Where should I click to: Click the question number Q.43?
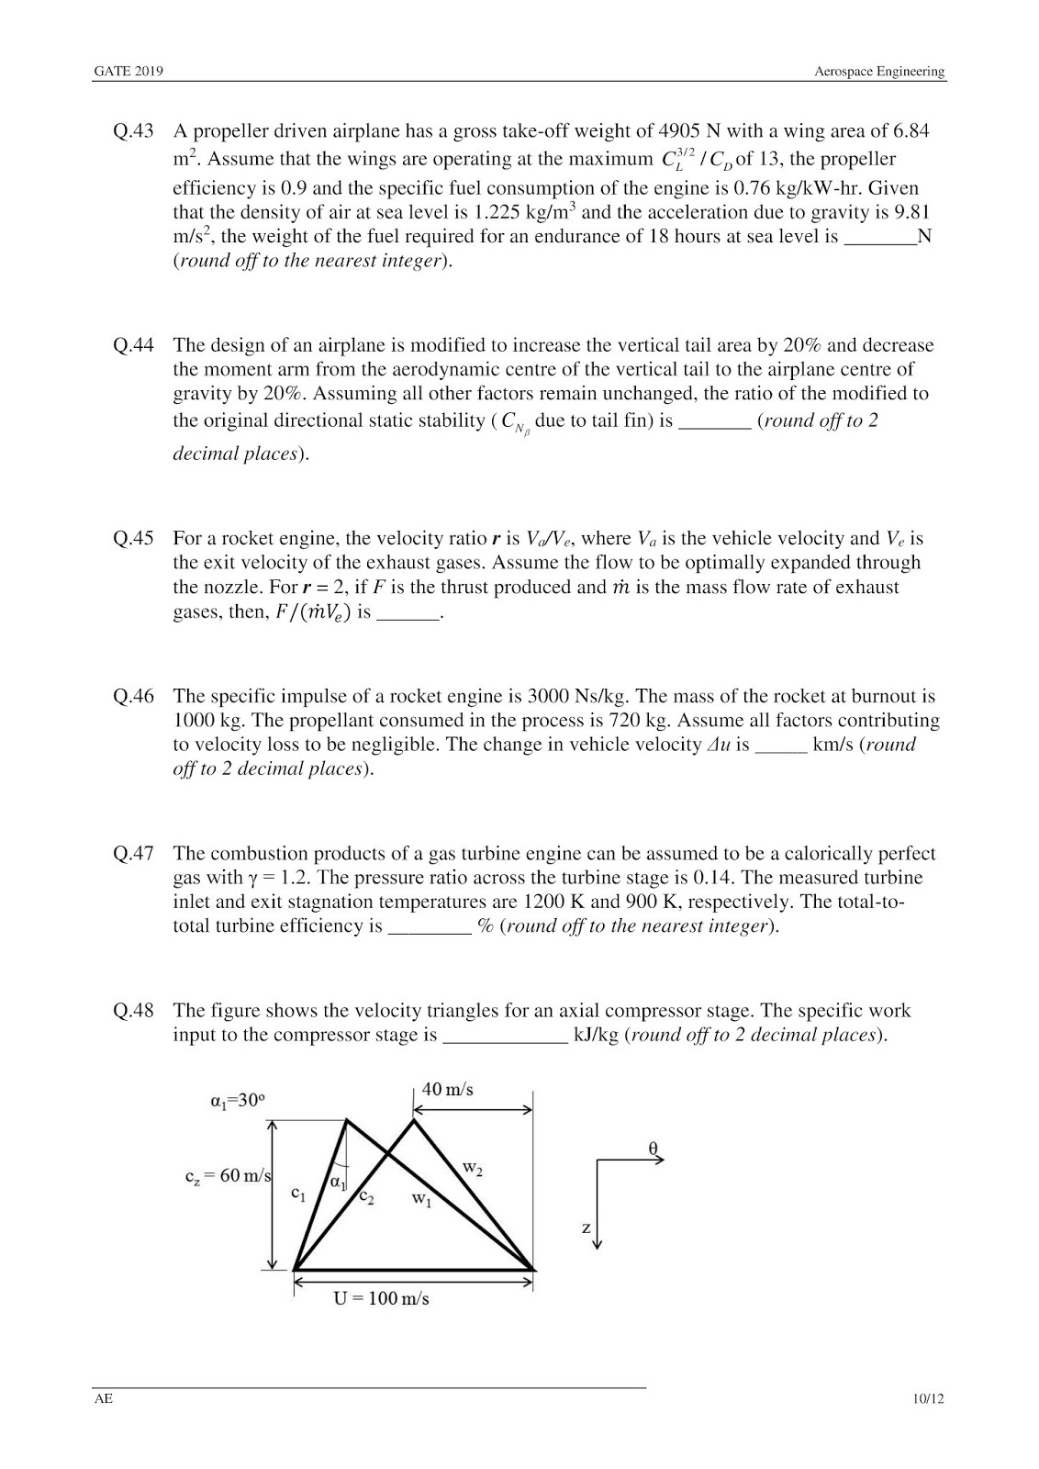point(133,131)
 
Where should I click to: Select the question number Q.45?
point(133,539)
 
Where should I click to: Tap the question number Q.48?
point(133,1011)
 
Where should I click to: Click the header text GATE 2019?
point(128,72)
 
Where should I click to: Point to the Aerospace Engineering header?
point(879,72)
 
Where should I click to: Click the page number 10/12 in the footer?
point(928,1399)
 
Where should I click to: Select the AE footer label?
point(103,1399)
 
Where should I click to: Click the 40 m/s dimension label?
point(448,1090)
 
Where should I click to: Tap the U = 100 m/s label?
point(381,1298)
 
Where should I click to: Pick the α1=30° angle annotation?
point(238,1101)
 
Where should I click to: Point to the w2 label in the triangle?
point(472,1169)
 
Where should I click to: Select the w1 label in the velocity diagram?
point(420,1199)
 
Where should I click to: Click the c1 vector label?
point(297,1194)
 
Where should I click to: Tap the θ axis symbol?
point(654,1148)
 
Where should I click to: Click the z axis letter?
point(586,1228)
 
